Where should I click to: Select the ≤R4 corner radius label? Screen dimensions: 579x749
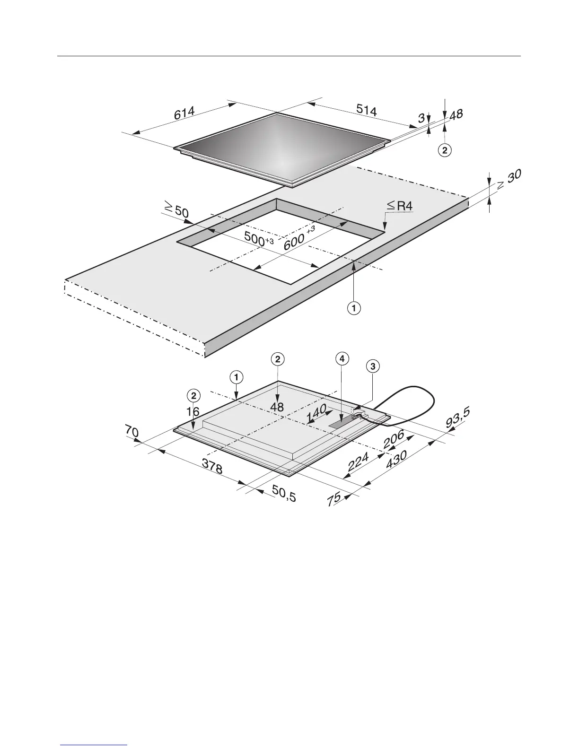(400, 206)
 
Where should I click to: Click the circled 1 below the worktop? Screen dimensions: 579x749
(354, 308)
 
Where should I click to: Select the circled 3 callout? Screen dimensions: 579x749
(373, 366)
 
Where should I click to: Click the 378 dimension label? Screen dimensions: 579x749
(212, 467)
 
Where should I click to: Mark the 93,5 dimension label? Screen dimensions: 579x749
(458, 418)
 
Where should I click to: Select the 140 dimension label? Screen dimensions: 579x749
(317, 415)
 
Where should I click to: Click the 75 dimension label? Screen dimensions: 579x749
(334, 499)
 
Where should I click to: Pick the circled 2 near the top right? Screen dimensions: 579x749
(444, 151)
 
